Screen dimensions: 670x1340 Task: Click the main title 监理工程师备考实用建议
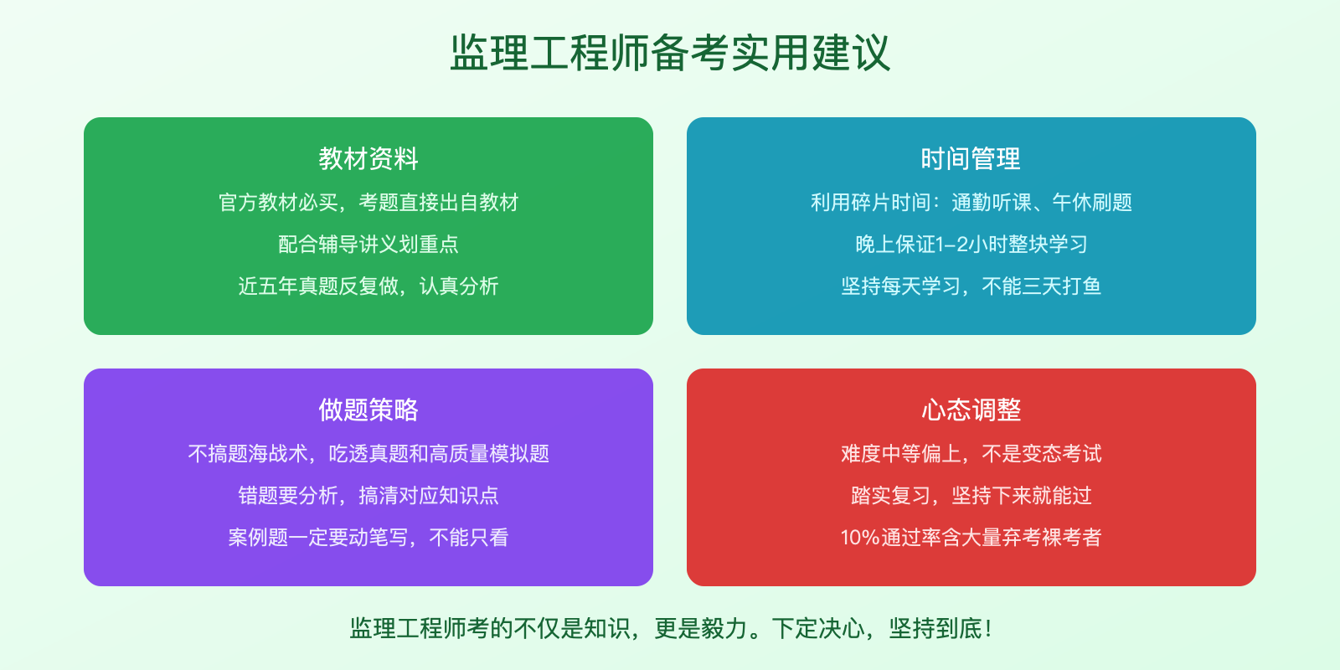[x=670, y=53]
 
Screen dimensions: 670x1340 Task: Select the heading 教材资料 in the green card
[x=368, y=158]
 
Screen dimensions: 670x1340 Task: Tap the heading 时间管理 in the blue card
[x=971, y=158]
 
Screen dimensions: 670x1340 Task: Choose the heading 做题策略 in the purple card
[x=368, y=410]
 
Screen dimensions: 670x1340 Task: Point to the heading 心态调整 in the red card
[x=971, y=410]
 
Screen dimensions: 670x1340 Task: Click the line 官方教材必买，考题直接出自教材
[x=368, y=203]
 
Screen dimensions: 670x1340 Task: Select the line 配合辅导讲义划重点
[x=368, y=245]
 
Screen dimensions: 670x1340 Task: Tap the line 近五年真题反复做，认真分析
[x=368, y=286]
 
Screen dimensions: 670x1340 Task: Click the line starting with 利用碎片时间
[x=971, y=203]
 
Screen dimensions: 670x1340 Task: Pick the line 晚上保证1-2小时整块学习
[x=971, y=245]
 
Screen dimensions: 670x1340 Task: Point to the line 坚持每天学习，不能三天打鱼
[x=971, y=286]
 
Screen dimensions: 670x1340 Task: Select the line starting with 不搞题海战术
[x=368, y=454]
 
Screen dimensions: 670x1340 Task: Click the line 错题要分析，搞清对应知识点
[x=368, y=496]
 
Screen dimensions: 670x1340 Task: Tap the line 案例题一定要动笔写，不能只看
[x=368, y=538]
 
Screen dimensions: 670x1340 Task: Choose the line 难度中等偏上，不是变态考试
[x=971, y=454]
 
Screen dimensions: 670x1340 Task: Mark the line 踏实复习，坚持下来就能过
[x=971, y=496]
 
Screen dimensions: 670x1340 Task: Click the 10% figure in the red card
[x=859, y=538]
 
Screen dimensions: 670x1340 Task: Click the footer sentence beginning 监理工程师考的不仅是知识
[x=670, y=628]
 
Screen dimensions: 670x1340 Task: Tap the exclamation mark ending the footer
[x=989, y=628]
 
